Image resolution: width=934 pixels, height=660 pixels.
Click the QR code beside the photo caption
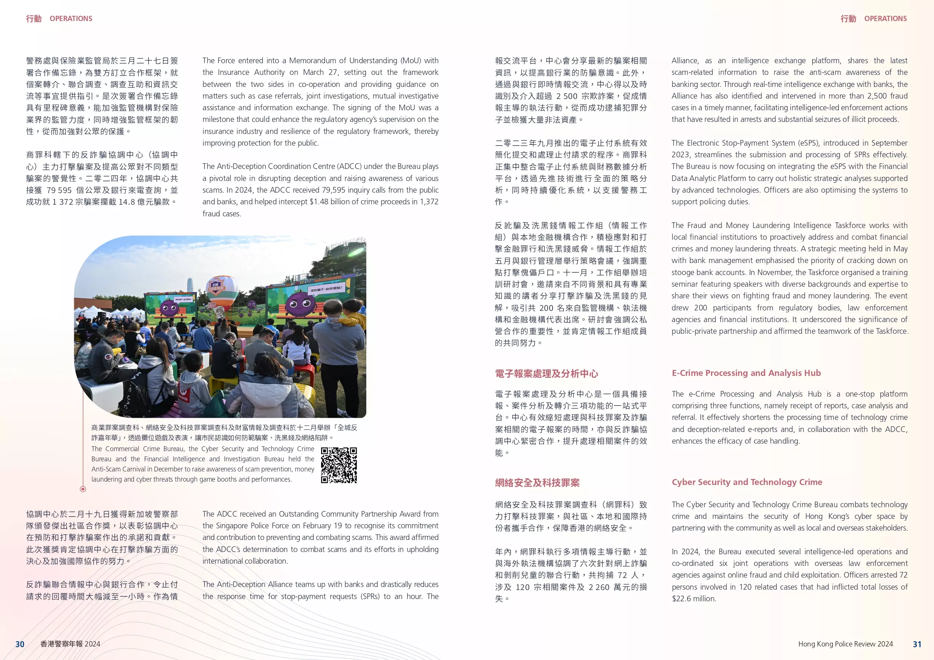[338, 465]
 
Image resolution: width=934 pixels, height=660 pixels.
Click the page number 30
[20, 644]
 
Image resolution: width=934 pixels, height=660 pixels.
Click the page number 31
[917, 644]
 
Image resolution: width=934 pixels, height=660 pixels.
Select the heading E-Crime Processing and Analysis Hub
[746, 373]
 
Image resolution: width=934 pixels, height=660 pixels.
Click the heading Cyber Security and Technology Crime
[747, 482]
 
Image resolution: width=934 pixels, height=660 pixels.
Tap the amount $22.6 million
[693, 599]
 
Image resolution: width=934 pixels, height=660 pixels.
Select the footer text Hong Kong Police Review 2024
[845, 644]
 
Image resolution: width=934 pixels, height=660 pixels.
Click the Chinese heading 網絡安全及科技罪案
[537, 483]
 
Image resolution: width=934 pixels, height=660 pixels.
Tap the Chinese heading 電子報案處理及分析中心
[546, 374]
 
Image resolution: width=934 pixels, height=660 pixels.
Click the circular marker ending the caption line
[83, 489]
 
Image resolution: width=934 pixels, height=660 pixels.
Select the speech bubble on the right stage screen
[326, 289]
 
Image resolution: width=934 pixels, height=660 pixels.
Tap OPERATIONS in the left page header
[71, 19]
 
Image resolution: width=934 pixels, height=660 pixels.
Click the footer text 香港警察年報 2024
[70, 644]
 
